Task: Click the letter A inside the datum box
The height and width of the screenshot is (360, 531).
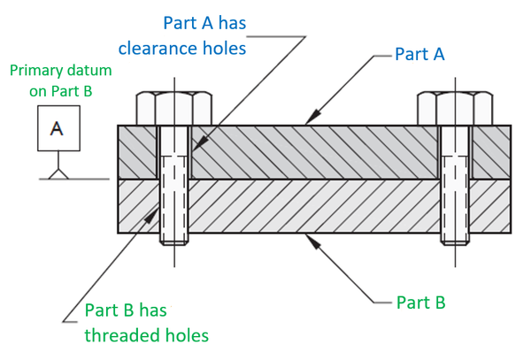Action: pos(57,128)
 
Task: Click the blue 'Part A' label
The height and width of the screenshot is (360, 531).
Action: pos(419,54)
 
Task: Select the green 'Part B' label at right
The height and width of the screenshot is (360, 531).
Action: pos(420,302)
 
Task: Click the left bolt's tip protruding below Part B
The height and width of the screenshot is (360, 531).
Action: pos(173,238)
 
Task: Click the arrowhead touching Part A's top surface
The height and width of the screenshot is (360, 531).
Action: pos(310,119)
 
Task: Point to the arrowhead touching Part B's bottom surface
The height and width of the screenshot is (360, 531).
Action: pos(310,238)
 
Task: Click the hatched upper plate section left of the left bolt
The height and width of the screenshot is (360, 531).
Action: pos(137,151)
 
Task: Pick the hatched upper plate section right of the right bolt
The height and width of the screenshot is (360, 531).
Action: pos(491,151)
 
